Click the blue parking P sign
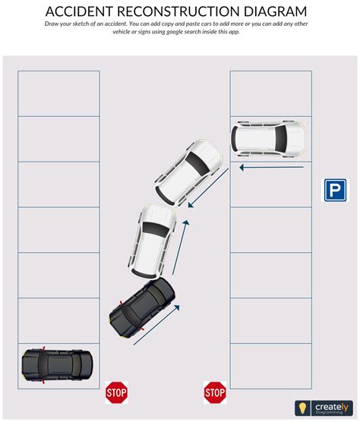coord(335,190)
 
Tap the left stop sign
coord(115,392)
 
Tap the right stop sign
coord(215,392)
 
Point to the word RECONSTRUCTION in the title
coord(181,11)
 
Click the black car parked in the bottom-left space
coord(58,364)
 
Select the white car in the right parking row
coord(269,138)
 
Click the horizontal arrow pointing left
coord(270,166)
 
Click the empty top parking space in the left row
coord(58,93)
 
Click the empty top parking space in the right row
coord(270,93)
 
